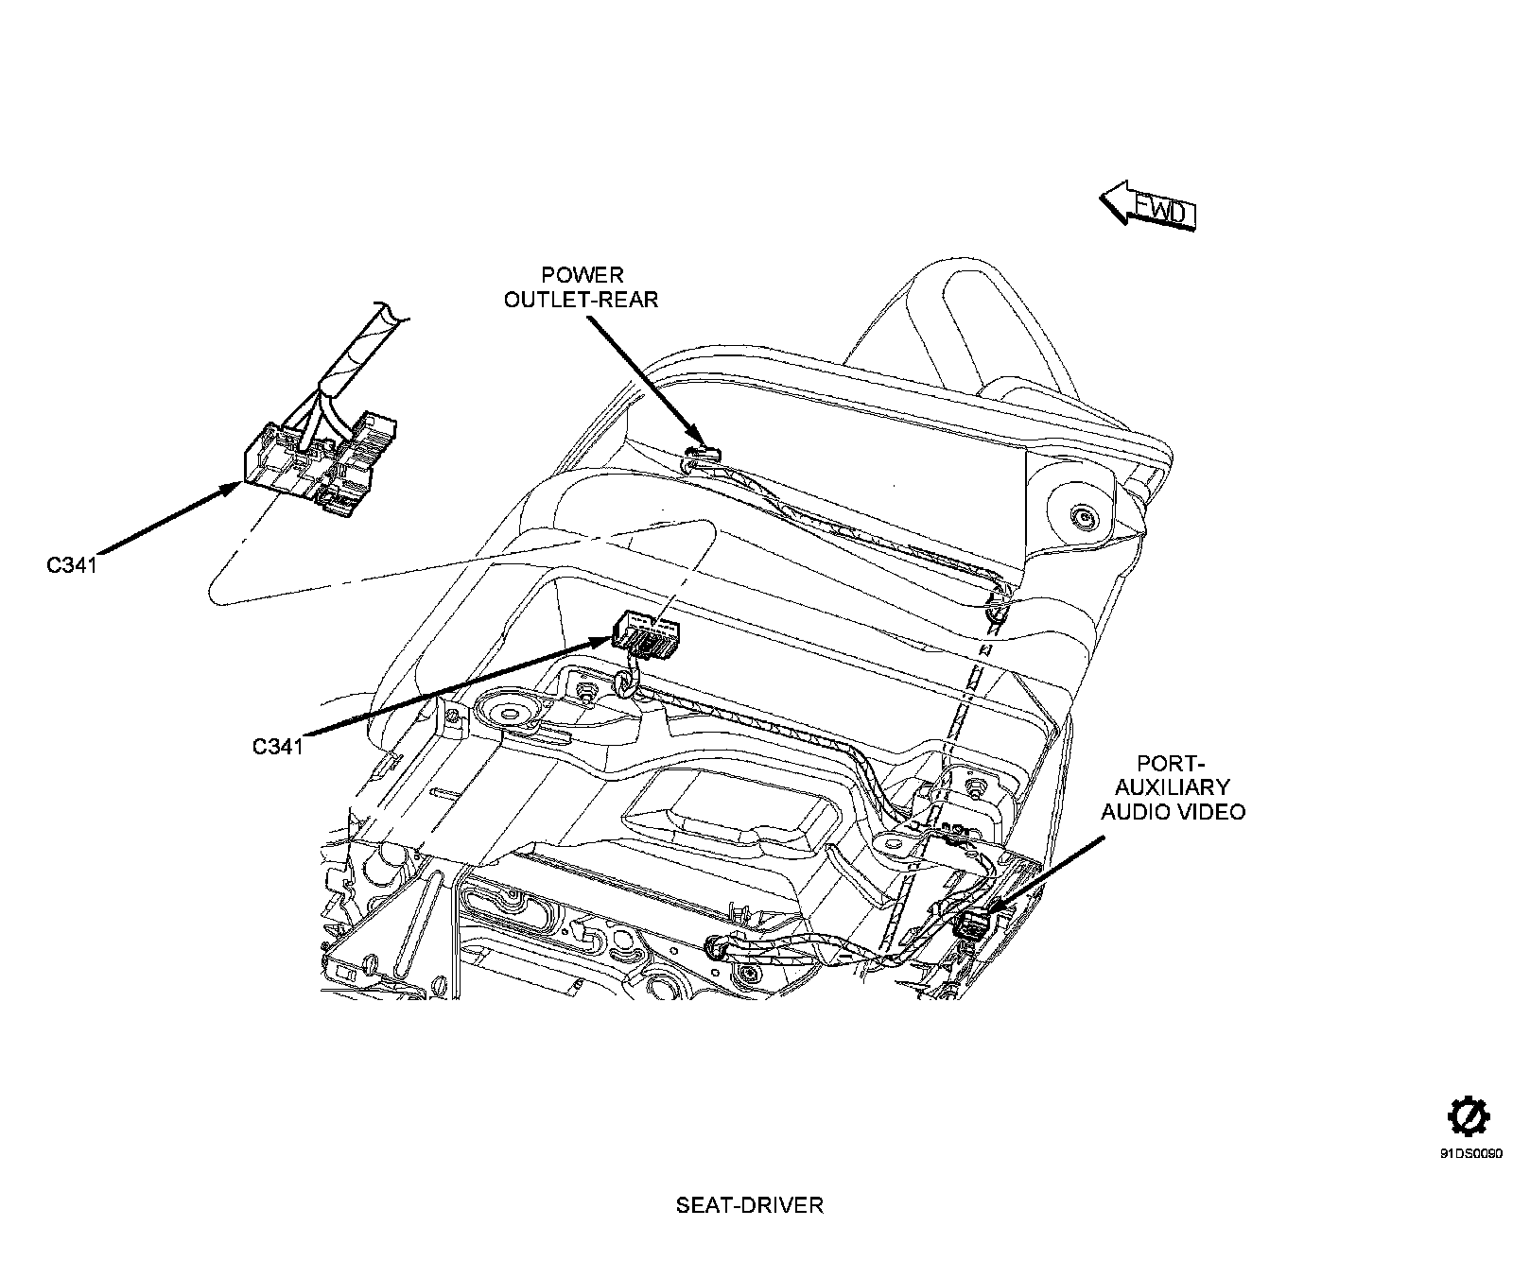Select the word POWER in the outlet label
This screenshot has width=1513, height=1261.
(x=583, y=275)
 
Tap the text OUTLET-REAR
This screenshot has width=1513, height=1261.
(x=581, y=300)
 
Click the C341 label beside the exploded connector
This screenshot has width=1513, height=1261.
(x=71, y=565)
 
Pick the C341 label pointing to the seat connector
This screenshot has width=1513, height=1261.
(x=277, y=746)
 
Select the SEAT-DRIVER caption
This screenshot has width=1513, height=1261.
(x=749, y=1205)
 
